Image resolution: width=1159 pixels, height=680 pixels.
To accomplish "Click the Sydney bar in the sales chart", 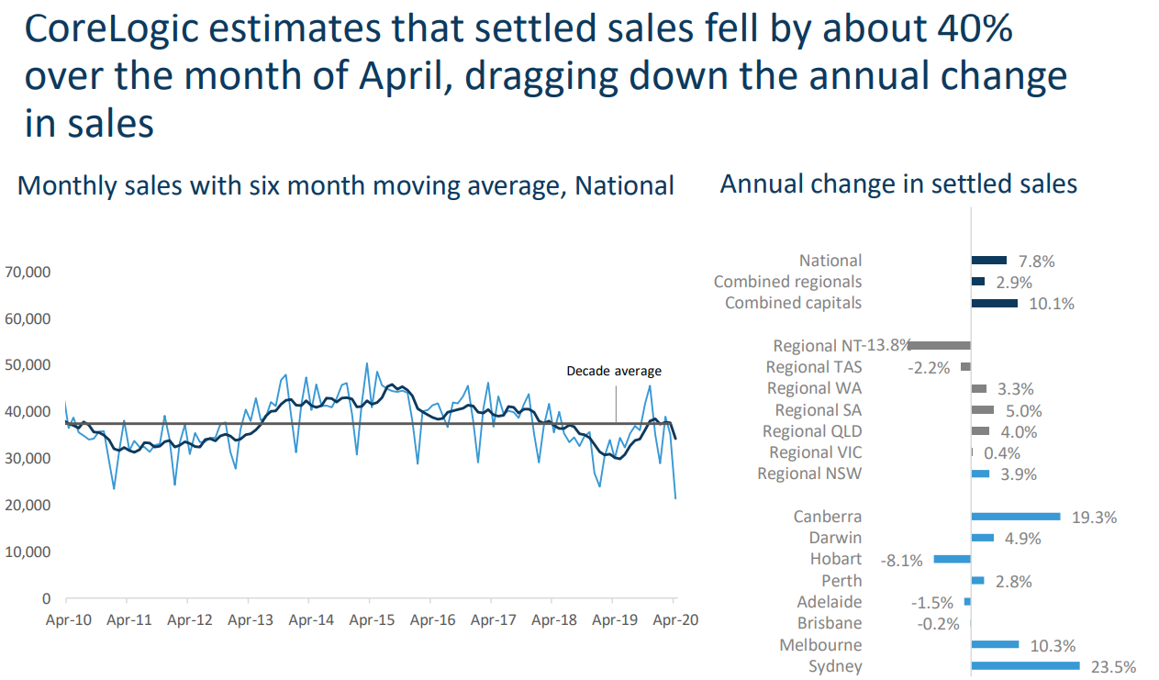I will [1025, 666].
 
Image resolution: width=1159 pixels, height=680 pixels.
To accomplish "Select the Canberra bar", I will [1015, 517].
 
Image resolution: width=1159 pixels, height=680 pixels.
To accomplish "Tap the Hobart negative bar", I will [953, 559].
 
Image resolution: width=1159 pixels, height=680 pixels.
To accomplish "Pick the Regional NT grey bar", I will [940, 345].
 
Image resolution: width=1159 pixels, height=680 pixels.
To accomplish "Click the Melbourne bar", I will [995, 644].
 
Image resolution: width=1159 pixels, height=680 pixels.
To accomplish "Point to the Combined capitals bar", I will [994, 303].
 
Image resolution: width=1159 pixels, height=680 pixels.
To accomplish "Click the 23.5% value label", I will [1111, 667].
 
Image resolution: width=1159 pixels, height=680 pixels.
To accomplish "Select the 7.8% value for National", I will [1037, 262].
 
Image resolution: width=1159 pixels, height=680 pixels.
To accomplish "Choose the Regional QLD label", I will [812, 431].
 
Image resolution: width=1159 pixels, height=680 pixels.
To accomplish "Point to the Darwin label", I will [835, 538].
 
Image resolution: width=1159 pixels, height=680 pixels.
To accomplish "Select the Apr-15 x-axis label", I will [372, 620].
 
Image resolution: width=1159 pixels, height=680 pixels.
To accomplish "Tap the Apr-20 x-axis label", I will [674, 620].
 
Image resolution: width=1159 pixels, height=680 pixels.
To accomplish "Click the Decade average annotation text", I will [614, 372].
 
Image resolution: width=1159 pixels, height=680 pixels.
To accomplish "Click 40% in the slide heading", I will [969, 29].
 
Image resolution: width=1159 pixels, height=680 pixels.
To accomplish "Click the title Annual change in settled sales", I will [898, 184].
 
